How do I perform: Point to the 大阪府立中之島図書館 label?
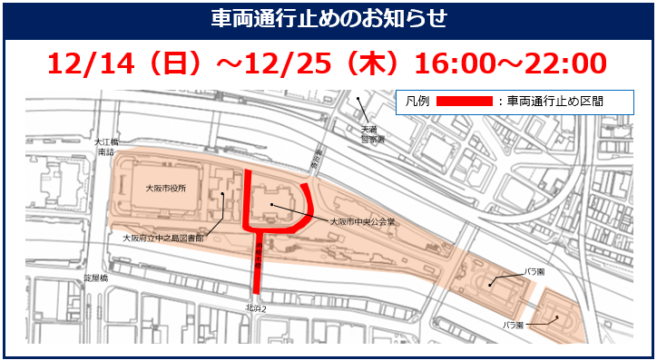pyautogui.click(x=164, y=238)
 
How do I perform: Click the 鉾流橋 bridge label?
pyautogui.click(x=316, y=161)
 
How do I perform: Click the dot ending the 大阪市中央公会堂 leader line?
pyautogui.click(x=270, y=206)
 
